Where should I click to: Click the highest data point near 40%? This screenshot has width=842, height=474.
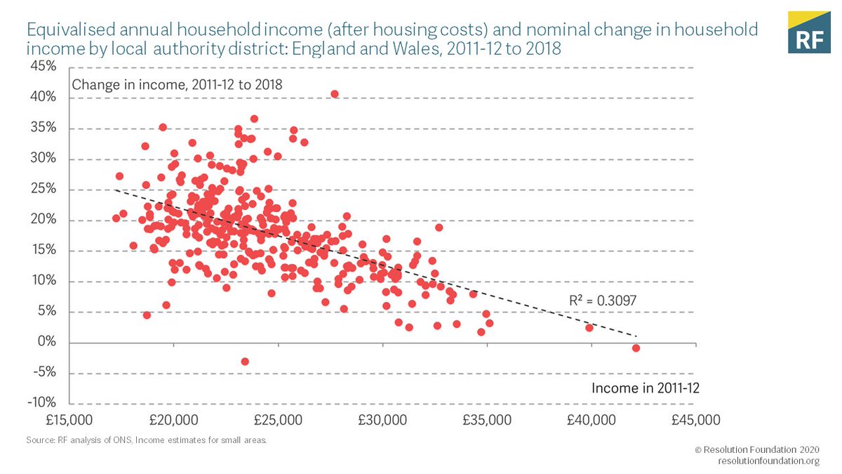point(335,94)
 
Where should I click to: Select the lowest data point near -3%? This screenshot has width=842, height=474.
point(245,361)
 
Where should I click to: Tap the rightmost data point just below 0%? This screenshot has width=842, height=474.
point(636,348)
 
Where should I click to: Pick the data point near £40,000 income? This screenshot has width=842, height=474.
point(589,328)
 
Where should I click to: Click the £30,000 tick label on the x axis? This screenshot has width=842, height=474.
point(382,420)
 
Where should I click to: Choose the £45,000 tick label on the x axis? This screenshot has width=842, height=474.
point(695,420)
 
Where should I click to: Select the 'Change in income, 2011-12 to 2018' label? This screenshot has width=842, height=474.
point(177,85)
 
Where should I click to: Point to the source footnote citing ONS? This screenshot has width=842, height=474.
point(147,440)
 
